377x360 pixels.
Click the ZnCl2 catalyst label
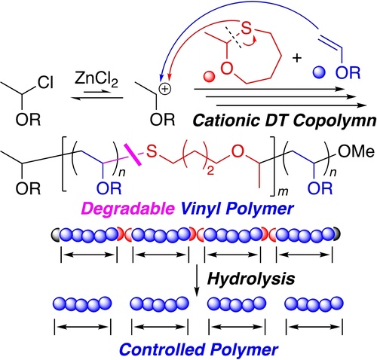point(97,81)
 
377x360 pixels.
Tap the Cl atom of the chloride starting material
point(46,83)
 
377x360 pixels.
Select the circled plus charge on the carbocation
point(165,89)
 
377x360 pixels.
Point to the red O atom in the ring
point(227,69)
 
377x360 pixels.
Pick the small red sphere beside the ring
point(209,76)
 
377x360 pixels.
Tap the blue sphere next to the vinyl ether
point(319,72)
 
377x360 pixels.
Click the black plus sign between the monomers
point(297,58)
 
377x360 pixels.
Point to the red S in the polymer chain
point(152,151)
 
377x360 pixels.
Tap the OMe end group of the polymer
point(357,151)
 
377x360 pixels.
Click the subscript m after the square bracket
point(283,192)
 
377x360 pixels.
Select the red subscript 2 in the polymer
point(210,171)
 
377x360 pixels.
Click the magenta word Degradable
point(128,208)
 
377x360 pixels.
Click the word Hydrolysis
point(251,278)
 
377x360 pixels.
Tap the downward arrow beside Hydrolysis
point(197,280)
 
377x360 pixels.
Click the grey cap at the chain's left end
point(55,234)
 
